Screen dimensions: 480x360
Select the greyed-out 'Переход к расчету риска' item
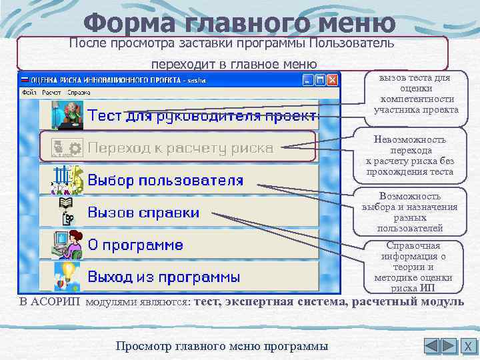[x=180, y=147]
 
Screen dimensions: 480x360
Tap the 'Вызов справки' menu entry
[x=143, y=213]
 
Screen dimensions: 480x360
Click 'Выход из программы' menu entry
[x=164, y=277]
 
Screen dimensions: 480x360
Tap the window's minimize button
[x=308, y=80]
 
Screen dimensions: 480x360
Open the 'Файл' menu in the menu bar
[x=29, y=93]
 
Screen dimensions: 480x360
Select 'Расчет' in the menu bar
[x=51, y=93]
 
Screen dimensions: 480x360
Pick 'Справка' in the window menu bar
[x=79, y=93]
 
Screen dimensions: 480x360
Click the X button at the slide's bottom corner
[x=468, y=346]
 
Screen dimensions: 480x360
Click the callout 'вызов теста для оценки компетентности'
[x=416, y=94]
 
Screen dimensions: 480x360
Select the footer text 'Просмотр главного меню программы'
[x=221, y=346]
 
